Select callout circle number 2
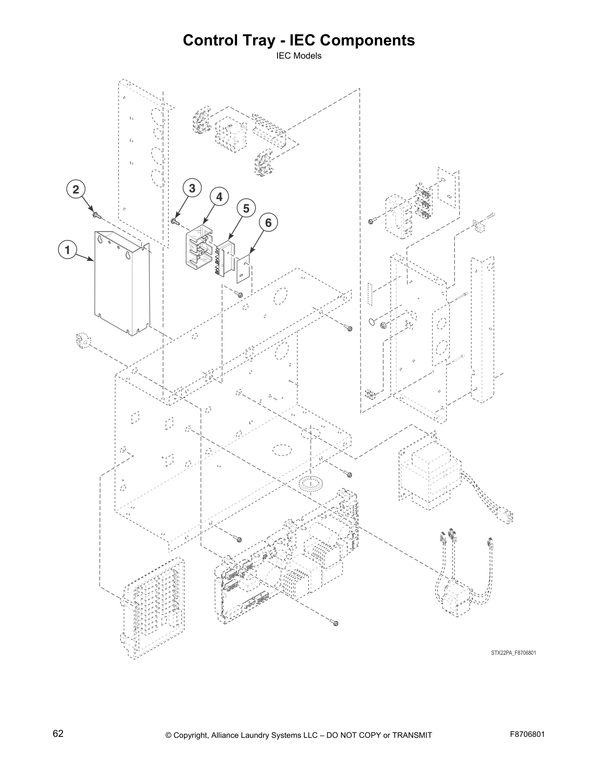coord(76,190)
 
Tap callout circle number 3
coord(192,188)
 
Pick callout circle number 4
coord(219,197)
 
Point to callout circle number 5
coord(246,209)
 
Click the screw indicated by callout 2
coord(95,214)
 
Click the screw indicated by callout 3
coord(175,221)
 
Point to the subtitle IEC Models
coord(299,56)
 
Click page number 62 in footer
coord(58,733)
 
